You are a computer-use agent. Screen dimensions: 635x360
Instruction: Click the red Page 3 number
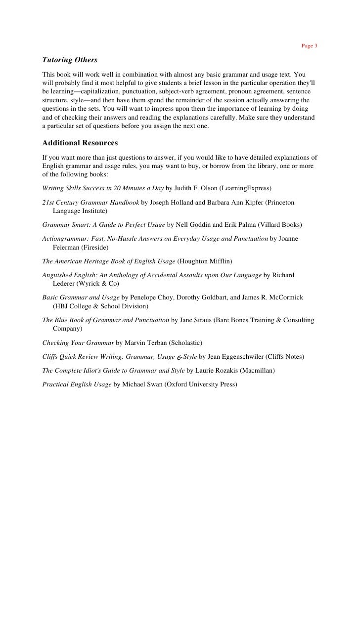coord(309,46)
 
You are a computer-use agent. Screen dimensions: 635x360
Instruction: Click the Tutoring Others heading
coord(70,60)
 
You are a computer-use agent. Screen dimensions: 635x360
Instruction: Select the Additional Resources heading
coord(80,143)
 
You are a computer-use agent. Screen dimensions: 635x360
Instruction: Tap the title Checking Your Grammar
coord(78,342)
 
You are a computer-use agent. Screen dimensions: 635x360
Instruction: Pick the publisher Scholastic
coord(184,342)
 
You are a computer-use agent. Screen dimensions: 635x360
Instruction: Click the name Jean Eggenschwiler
coord(235,356)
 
